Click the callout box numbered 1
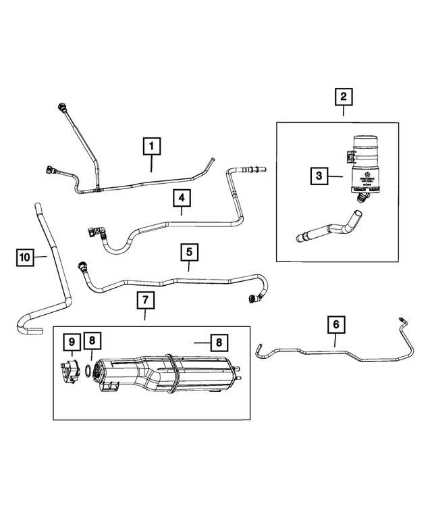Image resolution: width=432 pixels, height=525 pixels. (x=151, y=145)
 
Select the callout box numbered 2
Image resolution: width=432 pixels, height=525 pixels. (x=344, y=97)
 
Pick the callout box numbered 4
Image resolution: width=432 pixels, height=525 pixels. (x=182, y=198)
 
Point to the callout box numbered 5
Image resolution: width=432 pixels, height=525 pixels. (x=189, y=252)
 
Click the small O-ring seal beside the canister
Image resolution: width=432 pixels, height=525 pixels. (x=89, y=370)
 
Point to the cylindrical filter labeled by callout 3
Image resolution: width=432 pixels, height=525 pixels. (x=364, y=166)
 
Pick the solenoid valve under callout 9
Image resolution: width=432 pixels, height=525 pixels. (x=70, y=373)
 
